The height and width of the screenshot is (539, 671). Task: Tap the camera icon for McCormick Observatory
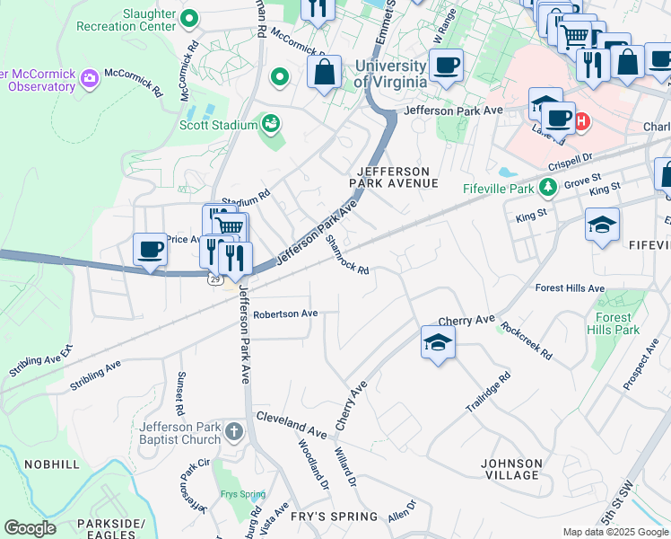[89, 79]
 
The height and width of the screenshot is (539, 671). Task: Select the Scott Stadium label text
[217, 125]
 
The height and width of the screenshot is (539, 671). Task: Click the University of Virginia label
[390, 74]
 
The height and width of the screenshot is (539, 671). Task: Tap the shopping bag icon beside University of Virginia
[325, 71]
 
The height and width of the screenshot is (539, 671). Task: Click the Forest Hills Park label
[618, 323]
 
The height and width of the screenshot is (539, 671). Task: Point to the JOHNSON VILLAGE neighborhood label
[511, 469]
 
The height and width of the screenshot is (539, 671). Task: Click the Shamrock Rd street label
[347, 255]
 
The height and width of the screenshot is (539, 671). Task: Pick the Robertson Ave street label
[285, 314]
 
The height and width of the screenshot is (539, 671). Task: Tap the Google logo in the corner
[30, 528]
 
